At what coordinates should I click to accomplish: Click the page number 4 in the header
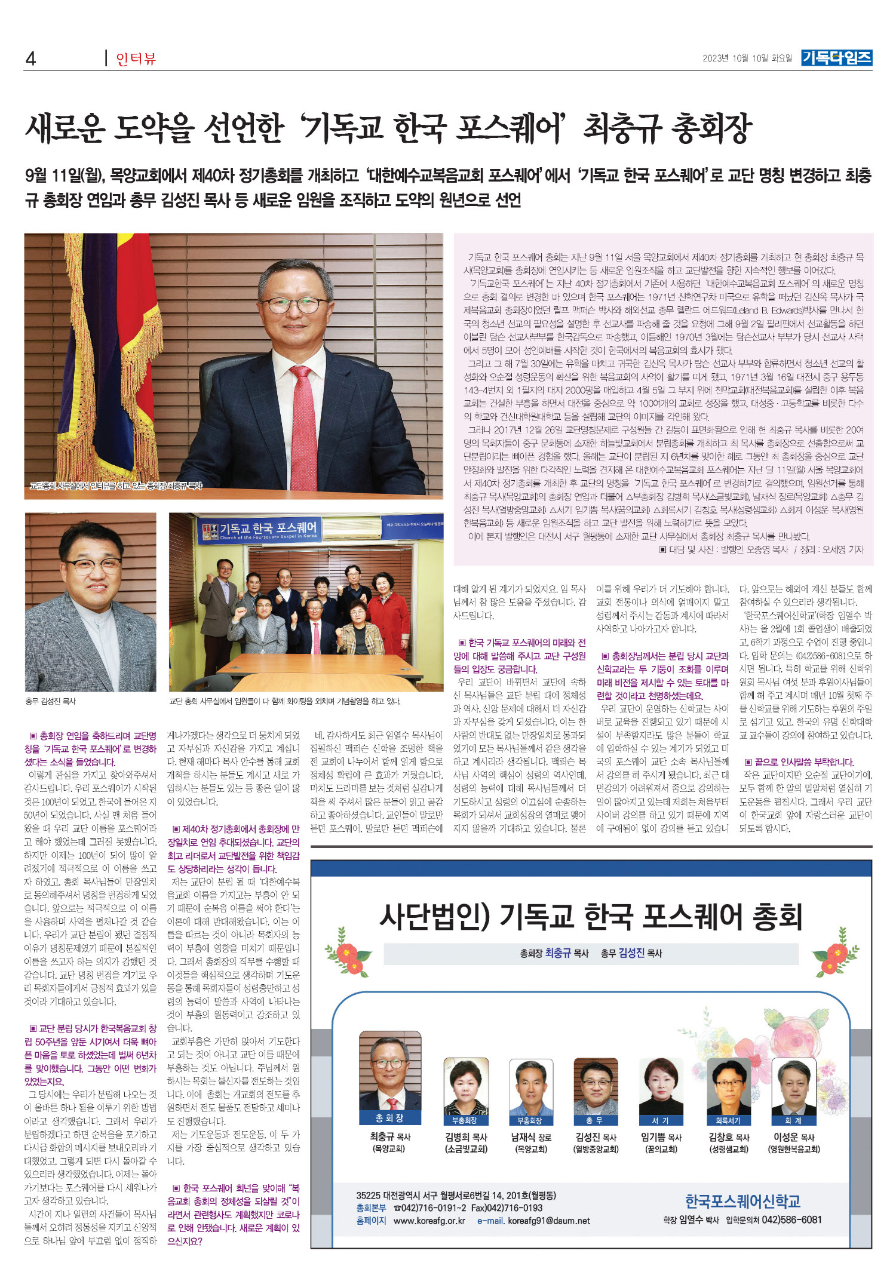coord(30,58)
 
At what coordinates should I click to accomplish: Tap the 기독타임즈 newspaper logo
coord(836,57)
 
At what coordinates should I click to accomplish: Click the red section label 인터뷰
coord(136,59)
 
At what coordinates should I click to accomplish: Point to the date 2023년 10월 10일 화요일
coord(747,58)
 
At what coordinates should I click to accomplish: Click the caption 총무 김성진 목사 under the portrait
coord(51,701)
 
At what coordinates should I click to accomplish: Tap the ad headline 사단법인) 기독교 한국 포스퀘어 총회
coord(590,917)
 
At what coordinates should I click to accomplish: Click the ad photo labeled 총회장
coord(389,1075)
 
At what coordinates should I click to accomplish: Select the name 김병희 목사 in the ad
coord(466,1138)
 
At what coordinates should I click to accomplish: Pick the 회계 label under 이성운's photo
coord(794,1121)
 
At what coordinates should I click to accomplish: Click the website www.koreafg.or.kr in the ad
coord(429,1221)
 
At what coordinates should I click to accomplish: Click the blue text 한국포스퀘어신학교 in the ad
coord(742,1201)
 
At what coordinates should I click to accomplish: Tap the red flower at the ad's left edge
coord(347,951)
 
